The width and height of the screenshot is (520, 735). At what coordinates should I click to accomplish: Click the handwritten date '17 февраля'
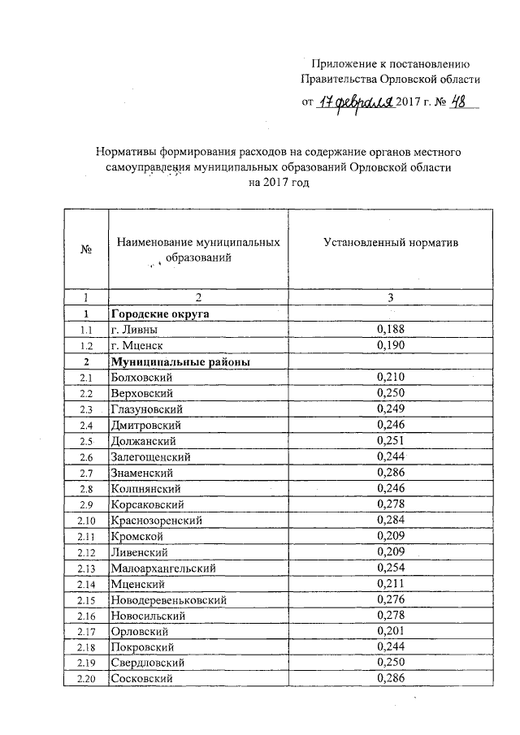(354, 103)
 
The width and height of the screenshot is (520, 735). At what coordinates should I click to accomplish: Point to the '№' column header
(85, 250)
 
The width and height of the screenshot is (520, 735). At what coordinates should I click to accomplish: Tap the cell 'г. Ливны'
(135, 329)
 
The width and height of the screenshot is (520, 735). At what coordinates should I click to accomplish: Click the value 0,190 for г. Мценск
(391, 345)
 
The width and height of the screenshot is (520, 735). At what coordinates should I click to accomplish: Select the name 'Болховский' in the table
(141, 377)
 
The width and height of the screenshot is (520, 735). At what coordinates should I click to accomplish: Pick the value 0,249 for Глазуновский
(391, 409)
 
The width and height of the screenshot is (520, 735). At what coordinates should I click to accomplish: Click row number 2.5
(85, 440)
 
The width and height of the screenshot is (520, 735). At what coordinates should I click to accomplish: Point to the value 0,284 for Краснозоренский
(391, 520)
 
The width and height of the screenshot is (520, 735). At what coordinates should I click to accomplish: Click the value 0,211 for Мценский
(391, 583)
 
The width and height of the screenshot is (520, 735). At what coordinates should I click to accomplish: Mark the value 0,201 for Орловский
(391, 631)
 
